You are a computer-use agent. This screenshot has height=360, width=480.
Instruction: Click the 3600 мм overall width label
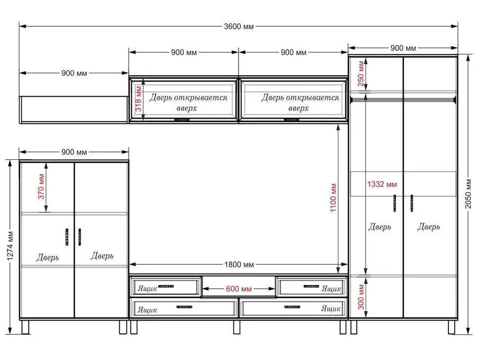click(x=239, y=27)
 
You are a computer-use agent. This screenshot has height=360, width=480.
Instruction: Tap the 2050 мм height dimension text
click(x=468, y=194)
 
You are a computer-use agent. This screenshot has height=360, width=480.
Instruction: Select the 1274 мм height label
click(x=10, y=246)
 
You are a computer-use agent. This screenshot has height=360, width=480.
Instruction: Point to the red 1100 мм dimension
click(x=334, y=198)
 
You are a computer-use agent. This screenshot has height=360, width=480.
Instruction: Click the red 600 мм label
click(x=239, y=289)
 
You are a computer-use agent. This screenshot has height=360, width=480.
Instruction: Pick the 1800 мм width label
click(x=239, y=265)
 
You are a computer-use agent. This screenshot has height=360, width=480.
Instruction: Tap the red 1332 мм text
click(x=382, y=184)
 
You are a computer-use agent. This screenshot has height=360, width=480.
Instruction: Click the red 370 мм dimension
click(x=42, y=186)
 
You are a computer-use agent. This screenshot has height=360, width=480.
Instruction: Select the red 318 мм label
click(x=139, y=99)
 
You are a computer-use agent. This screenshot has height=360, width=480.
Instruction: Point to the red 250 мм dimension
click(x=361, y=74)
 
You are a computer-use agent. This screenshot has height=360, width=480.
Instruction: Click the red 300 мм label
click(x=361, y=297)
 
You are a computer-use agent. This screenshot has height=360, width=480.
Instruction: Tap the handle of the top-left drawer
click(x=166, y=286)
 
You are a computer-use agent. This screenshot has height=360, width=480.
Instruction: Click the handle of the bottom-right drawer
click(x=292, y=307)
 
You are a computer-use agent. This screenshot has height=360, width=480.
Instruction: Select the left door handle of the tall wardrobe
click(x=395, y=203)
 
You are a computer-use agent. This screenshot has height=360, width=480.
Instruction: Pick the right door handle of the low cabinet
click(x=80, y=237)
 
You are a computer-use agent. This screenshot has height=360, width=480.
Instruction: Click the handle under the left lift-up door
click(x=182, y=120)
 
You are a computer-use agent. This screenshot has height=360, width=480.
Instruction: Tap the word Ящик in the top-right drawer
click(x=331, y=289)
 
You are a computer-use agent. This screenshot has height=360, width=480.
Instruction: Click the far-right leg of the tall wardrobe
click(x=451, y=327)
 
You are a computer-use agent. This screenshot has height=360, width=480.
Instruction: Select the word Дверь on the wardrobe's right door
click(x=429, y=226)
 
